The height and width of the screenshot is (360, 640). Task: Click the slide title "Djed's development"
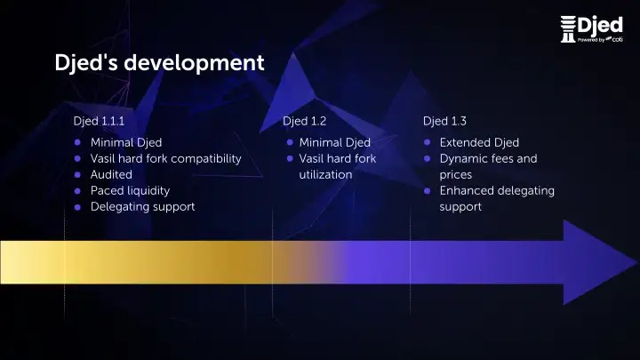pyautogui.click(x=159, y=63)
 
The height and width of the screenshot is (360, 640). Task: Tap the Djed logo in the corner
pyautogui.click(x=591, y=29)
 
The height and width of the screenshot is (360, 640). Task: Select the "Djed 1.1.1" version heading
pyautogui.click(x=99, y=121)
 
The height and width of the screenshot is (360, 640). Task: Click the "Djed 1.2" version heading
pyautogui.click(x=305, y=121)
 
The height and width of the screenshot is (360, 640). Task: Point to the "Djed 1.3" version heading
pyautogui.click(x=444, y=121)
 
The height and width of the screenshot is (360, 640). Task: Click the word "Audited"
pyautogui.click(x=111, y=175)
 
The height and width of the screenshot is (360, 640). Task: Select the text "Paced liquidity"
pyautogui.click(x=130, y=191)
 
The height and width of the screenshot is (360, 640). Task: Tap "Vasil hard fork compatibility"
pyautogui.click(x=165, y=159)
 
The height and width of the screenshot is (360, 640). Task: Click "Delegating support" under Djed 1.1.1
pyautogui.click(x=143, y=207)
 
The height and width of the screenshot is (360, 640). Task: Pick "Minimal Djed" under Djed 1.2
pyautogui.click(x=335, y=142)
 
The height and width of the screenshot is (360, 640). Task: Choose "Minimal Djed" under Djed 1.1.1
pyautogui.click(x=126, y=142)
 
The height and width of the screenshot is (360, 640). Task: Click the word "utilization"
pyautogui.click(x=325, y=175)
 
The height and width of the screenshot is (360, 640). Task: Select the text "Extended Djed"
pyautogui.click(x=479, y=142)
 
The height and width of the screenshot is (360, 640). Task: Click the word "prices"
pyautogui.click(x=456, y=175)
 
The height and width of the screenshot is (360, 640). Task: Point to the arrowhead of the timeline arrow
pyautogui.click(x=636, y=262)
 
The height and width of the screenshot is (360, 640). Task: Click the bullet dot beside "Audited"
pyautogui.click(x=77, y=175)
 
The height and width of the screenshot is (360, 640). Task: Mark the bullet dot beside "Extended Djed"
pyautogui.click(x=427, y=142)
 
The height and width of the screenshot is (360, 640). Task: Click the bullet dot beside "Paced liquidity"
pyautogui.click(x=77, y=191)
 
